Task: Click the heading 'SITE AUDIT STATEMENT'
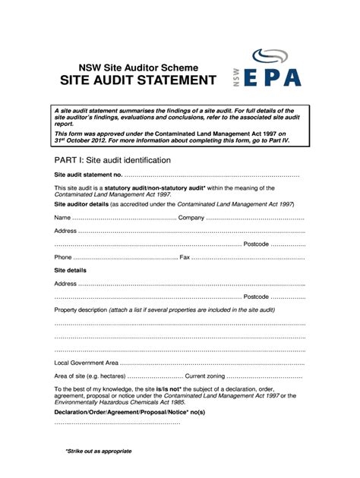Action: pos(134,80)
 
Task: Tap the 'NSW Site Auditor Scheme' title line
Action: pos(134,66)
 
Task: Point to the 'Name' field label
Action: pos(62,218)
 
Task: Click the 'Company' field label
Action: pos(191,218)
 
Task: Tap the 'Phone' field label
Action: pos(63,257)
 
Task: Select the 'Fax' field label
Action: pos(185,257)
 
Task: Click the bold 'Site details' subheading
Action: pos(71,270)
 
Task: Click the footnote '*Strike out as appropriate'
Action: pos(98,451)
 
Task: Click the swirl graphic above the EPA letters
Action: pos(270,56)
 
